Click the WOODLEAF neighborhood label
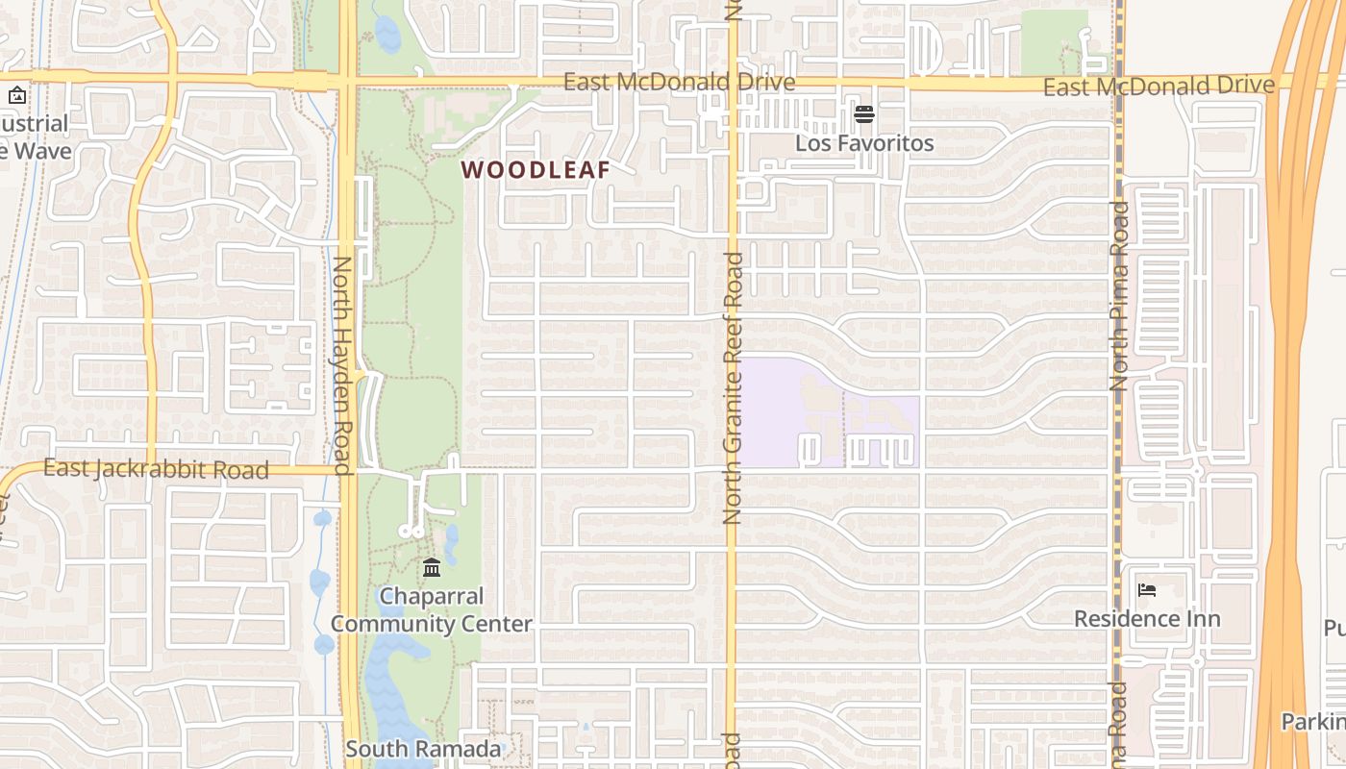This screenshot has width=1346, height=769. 536,170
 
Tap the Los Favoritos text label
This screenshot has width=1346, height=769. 864,143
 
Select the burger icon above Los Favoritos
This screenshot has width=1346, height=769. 863,114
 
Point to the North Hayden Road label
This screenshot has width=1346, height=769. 343,365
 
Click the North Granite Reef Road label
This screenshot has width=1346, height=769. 733,387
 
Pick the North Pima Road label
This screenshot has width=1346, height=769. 1118,295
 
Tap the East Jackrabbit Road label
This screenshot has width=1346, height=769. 156,469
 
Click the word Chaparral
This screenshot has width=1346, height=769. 431,596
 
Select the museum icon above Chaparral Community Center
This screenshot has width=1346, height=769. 432,567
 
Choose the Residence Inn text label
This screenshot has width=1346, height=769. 1147,619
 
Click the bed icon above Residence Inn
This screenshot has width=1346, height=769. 1146,590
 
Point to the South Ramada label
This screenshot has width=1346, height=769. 423,749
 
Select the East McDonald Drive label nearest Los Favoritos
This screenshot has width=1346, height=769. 679,83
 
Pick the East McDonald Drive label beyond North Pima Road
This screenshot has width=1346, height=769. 1159,87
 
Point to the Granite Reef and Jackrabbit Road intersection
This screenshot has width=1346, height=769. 732,469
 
